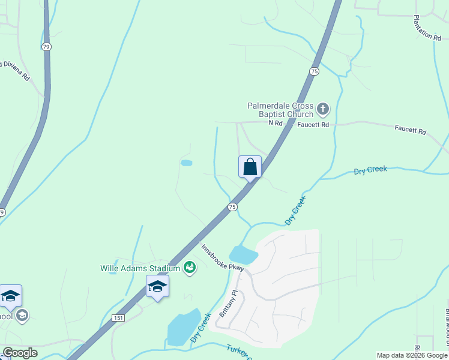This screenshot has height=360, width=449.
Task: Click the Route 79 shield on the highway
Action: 46,46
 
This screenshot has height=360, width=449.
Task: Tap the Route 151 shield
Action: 118,318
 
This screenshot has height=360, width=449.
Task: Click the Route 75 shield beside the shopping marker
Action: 232,207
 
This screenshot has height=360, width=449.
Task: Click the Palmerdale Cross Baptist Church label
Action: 280,110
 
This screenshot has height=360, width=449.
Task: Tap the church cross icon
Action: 323,109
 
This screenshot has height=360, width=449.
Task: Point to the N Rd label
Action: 275,123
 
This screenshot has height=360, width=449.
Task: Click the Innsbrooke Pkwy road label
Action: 223,258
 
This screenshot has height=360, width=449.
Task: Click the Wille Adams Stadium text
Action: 140,268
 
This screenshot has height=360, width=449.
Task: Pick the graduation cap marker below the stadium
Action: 157,286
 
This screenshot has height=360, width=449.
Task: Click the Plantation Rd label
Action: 431,28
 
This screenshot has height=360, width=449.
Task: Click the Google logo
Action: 20,353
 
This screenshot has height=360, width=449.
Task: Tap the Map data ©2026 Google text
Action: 412,355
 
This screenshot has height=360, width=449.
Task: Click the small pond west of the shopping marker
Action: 186,163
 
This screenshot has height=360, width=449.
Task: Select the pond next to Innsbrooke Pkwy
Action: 243,255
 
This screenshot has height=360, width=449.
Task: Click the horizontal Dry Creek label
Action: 370,170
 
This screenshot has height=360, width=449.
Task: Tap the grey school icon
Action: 22,316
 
